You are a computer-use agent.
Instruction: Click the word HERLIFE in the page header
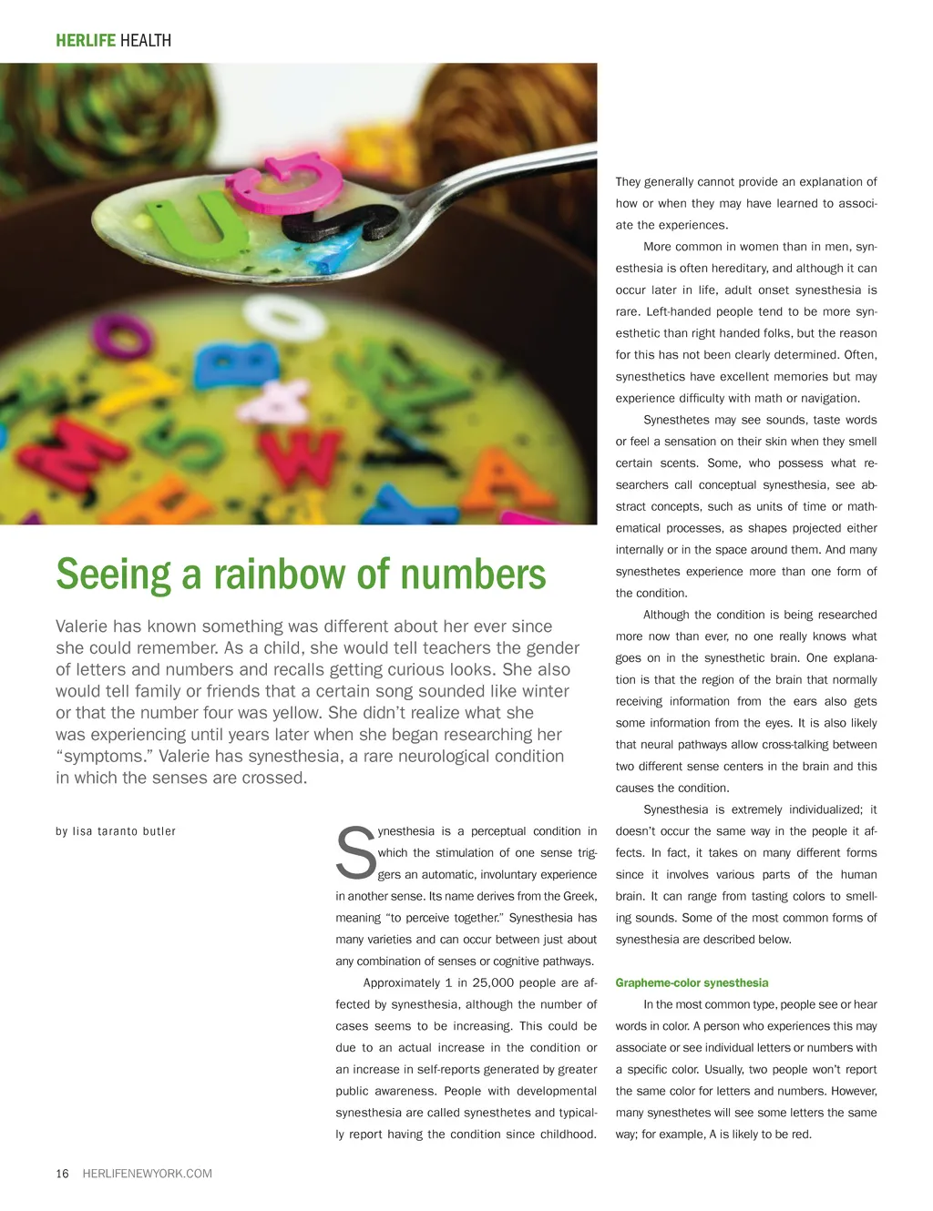86,40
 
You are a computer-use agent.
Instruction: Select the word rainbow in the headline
279,575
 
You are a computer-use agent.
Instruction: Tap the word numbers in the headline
473,575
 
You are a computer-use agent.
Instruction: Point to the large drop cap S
355,854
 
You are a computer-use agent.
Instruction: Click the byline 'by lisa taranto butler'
116,831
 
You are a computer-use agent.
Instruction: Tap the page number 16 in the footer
62,1174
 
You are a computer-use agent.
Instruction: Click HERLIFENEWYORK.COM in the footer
147,1174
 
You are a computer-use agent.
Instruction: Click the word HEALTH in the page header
146,40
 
